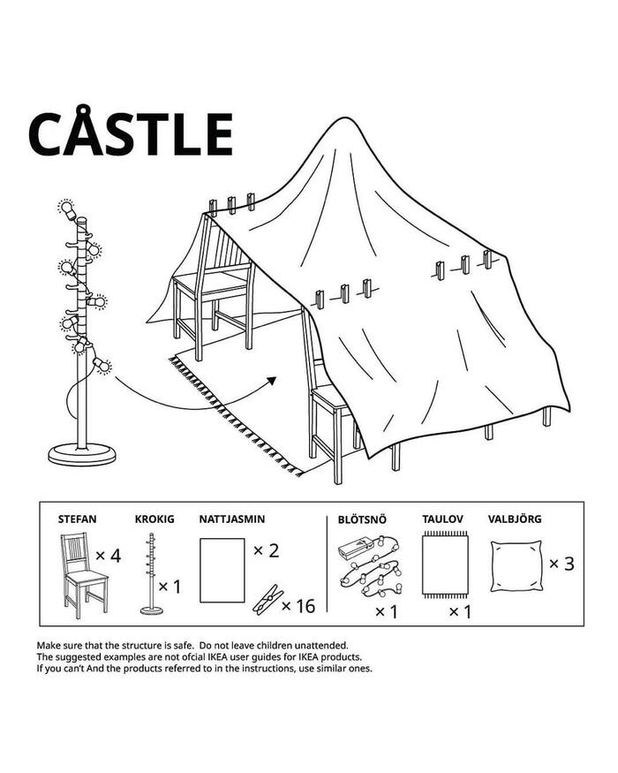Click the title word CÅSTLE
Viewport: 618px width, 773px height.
[x=131, y=133]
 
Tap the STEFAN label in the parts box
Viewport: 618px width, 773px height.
[x=78, y=519]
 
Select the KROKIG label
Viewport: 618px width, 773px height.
[x=154, y=519]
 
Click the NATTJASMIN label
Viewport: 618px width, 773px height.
[x=232, y=519]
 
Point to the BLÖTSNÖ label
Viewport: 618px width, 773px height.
[x=362, y=519]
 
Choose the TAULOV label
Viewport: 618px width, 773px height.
[x=442, y=519]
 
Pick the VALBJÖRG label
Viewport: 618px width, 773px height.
[x=515, y=519]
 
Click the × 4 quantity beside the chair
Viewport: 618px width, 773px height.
[x=108, y=556]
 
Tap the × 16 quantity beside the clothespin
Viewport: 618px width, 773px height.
[x=298, y=606]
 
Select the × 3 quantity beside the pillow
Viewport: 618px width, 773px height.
[x=561, y=564]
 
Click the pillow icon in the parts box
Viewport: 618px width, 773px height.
[x=516, y=566]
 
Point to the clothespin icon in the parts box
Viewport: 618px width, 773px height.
[x=268, y=600]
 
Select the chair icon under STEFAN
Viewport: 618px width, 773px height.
[x=84, y=575]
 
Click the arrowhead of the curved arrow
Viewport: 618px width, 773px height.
[x=272, y=381]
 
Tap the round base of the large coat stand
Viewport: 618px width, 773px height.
[x=82, y=454]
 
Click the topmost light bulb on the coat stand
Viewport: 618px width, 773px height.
[x=66, y=208]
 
